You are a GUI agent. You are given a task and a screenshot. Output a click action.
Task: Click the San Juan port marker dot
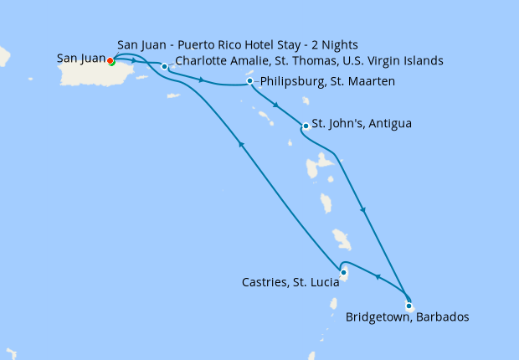(110, 60)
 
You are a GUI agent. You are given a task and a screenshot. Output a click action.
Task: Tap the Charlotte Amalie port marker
(164, 65)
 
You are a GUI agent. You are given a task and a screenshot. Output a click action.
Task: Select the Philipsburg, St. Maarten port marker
(250, 81)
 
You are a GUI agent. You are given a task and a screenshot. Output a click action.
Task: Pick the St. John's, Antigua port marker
(306, 126)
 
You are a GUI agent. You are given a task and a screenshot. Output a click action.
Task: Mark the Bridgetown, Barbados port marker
(408, 306)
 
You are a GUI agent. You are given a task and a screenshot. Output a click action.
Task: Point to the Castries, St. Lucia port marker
(343, 272)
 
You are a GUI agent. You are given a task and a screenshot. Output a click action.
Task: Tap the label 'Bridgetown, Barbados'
(407, 317)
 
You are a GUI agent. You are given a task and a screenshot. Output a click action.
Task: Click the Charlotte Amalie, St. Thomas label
(309, 61)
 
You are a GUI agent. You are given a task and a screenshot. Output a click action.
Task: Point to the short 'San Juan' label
(81, 59)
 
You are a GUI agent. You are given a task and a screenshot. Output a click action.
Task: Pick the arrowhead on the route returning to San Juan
(241, 145)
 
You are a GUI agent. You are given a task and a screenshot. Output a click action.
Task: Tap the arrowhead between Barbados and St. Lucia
(376, 278)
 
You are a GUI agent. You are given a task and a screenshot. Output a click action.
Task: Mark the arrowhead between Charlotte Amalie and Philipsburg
(202, 80)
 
